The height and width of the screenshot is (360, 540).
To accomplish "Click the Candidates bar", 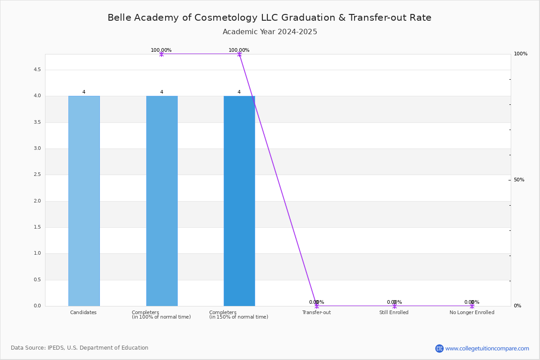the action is click(84, 201).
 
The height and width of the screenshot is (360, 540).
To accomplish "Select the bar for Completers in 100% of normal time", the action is click(162, 201).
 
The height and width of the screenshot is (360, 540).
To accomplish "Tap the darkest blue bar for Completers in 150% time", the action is click(239, 201).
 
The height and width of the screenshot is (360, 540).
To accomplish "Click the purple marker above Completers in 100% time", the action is click(162, 54).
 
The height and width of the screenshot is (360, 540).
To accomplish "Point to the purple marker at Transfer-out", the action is click(317, 306).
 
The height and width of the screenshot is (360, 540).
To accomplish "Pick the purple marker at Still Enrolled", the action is click(394, 306).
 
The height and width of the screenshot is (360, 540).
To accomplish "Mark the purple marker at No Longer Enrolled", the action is click(472, 306).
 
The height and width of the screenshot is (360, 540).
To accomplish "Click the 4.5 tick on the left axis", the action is click(37, 70).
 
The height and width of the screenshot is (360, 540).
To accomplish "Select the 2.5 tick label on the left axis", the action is click(37, 174).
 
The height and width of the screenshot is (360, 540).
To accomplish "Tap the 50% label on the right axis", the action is click(519, 180).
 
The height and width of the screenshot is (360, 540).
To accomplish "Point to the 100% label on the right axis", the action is click(521, 54).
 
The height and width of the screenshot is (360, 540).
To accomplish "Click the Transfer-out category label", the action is click(316, 312).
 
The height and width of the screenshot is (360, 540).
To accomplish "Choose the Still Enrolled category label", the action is click(394, 312).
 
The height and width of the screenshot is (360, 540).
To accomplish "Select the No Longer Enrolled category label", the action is click(472, 312).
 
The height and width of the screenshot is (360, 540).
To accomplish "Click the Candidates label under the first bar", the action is click(83, 312).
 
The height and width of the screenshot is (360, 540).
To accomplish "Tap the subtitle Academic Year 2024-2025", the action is click(270, 32).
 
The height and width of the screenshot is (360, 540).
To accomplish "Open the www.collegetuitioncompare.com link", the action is click(487, 348).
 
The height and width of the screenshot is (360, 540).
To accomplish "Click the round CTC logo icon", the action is click(439, 348).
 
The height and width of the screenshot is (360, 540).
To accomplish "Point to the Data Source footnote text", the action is click(80, 348).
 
